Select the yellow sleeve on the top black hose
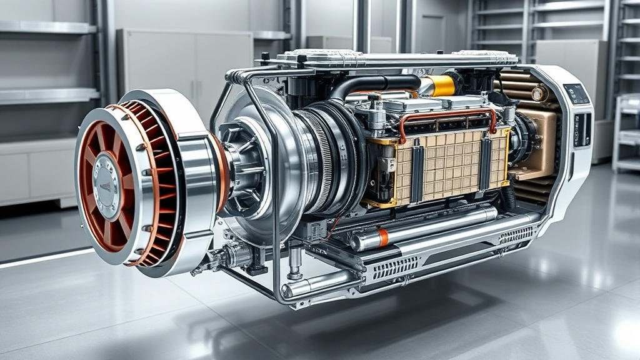click(x=440, y=85)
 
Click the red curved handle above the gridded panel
click(x=447, y=115)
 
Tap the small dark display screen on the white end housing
click(x=576, y=94)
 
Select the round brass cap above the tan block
click(x=539, y=94)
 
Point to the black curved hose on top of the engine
click(x=369, y=84)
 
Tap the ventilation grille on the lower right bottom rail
click(x=515, y=235)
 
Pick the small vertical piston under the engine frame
click(x=294, y=262)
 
